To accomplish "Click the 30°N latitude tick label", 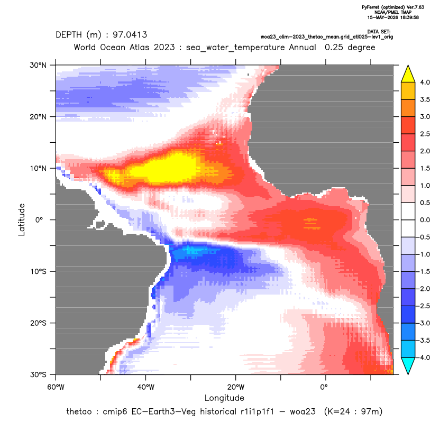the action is click(x=38, y=65).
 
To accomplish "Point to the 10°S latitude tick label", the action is click(x=38, y=272).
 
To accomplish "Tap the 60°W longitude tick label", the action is click(x=56, y=387).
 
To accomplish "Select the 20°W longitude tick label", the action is click(x=236, y=387).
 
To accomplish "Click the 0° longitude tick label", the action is click(x=324, y=387).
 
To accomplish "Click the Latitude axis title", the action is click(x=22, y=219).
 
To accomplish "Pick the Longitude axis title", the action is click(x=224, y=398).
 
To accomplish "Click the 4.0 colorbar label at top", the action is click(x=425, y=82).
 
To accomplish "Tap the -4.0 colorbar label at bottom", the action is click(x=424, y=357).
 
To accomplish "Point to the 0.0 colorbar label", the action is click(x=425, y=220).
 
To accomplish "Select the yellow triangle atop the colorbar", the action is click(x=408, y=74).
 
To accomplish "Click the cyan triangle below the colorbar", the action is click(x=408, y=366).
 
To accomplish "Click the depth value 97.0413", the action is click(x=130, y=35).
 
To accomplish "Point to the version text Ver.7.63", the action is click(x=415, y=7).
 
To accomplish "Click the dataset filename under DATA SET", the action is click(x=327, y=37).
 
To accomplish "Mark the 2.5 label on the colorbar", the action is click(x=425, y=134).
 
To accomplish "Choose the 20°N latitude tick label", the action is click(x=38, y=117).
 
